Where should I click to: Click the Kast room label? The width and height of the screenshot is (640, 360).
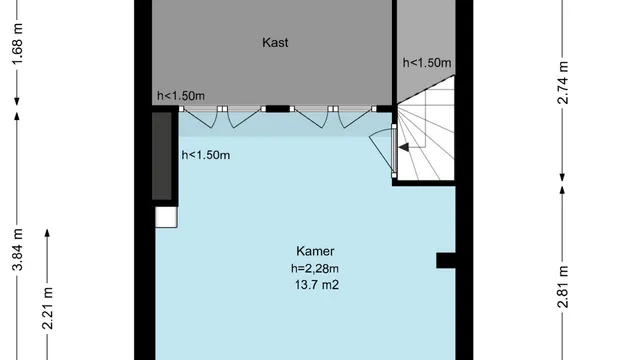(275, 42)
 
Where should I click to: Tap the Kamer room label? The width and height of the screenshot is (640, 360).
(315, 251)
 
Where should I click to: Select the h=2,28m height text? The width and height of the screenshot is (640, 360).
(315, 269)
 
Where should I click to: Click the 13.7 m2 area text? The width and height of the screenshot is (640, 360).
(317, 284)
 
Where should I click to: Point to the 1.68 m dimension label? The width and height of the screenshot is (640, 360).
(17, 44)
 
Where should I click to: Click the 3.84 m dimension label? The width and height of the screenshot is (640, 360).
(17, 250)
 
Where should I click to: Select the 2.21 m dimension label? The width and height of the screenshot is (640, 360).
(47, 309)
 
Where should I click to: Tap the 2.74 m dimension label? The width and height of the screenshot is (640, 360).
(562, 82)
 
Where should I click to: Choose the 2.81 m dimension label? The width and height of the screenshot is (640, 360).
(562, 287)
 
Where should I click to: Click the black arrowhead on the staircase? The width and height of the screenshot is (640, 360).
(404, 147)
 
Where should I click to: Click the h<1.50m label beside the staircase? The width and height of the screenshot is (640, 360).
(427, 63)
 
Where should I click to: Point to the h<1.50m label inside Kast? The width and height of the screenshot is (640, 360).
(181, 96)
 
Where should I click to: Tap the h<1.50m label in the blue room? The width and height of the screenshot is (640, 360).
(206, 155)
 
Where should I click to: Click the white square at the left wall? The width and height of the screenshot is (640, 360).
(166, 217)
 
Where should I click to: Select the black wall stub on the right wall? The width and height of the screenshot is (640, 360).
(446, 260)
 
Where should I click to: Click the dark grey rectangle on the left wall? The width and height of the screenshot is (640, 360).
(162, 156)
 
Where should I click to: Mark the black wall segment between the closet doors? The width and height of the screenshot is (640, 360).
(278, 109)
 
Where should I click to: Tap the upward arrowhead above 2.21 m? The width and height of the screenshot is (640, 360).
(47, 233)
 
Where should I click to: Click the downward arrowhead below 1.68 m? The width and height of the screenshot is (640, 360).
(17, 101)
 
